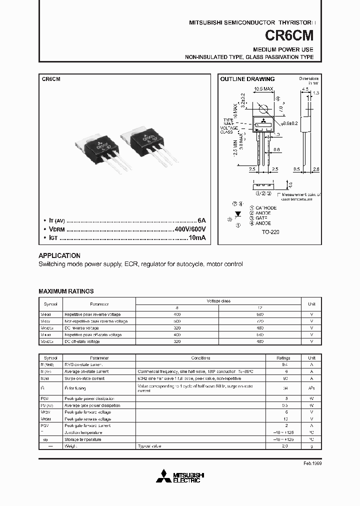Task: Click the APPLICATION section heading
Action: point(59,255)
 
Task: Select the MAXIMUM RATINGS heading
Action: point(66,291)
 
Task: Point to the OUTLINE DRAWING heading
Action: point(247,79)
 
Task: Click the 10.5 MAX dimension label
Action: point(263,89)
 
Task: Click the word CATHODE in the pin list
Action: point(265,207)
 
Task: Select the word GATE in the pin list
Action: point(261,218)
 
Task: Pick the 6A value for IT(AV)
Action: point(201,220)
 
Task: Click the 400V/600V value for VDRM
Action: point(190,229)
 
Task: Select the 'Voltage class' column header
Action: point(218,301)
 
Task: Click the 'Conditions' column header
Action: point(201,358)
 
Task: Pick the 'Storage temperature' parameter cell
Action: point(82,439)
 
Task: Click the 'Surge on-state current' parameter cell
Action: point(84,378)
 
